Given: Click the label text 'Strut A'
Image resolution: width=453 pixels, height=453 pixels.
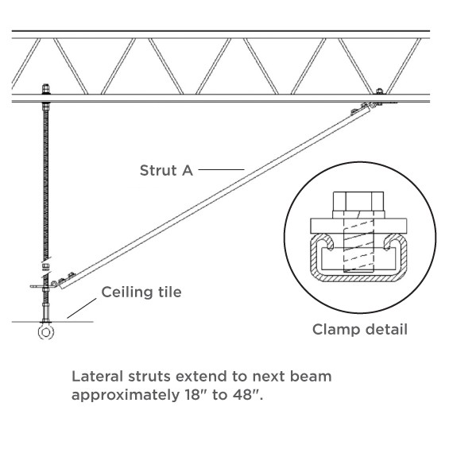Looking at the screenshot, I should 166,169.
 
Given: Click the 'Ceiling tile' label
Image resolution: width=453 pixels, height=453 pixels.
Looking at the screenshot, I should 141,292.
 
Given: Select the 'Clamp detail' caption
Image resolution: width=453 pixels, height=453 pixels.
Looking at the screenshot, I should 359,328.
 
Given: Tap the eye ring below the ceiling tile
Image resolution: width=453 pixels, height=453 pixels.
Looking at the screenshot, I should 45,331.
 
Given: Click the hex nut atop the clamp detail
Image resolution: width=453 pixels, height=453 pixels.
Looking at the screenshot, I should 359,203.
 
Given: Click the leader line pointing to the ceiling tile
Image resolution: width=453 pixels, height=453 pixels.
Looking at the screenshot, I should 80,308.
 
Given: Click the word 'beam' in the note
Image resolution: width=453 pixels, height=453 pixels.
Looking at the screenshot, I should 312,375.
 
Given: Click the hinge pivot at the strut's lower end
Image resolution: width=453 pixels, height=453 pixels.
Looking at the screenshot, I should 56,281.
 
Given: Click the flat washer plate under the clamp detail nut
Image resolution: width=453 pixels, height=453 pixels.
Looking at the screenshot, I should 359,224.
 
